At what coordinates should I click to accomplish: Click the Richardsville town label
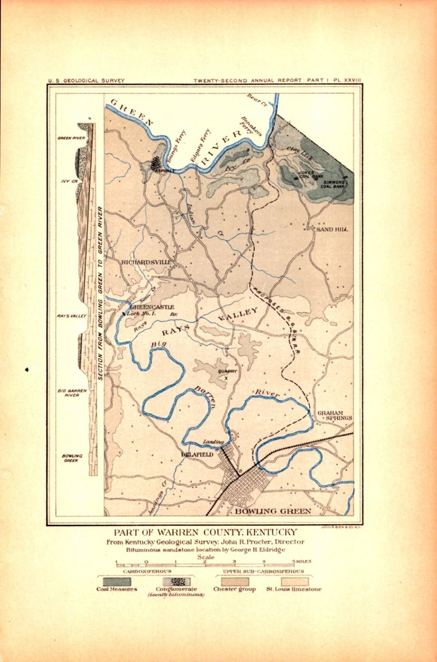[x=145, y=263]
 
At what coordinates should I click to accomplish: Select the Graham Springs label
[x=335, y=415]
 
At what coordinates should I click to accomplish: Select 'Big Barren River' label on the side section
[x=71, y=394]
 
